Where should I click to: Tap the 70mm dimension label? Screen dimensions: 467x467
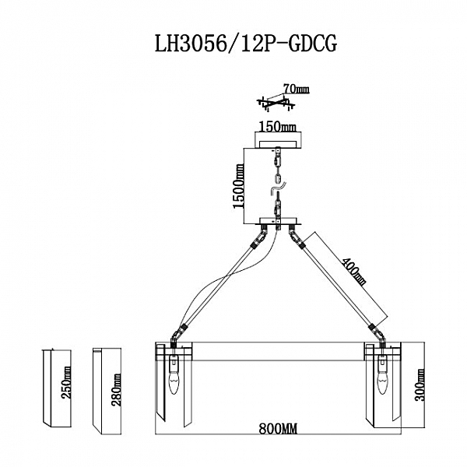click(x=297, y=91)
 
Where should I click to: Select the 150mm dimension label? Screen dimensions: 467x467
click(x=276, y=126)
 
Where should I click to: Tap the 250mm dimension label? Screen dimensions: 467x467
click(x=67, y=384)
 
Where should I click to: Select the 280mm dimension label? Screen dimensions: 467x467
click(x=116, y=383)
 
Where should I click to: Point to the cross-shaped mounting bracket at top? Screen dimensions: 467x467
click(x=272, y=100)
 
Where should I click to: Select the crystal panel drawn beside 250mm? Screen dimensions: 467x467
click(x=49, y=386)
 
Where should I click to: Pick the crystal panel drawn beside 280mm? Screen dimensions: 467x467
click(x=99, y=386)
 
